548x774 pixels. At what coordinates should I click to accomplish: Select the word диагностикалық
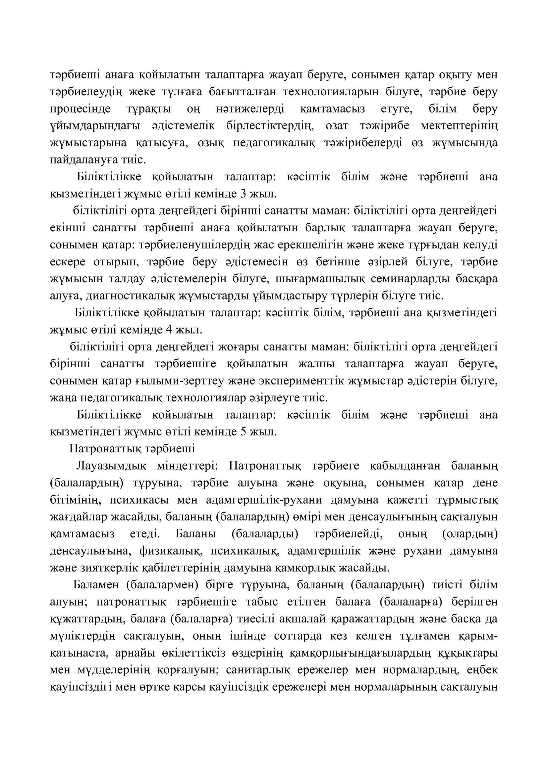tap(130, 296)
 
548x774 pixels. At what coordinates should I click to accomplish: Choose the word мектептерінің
tap(459, 126)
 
